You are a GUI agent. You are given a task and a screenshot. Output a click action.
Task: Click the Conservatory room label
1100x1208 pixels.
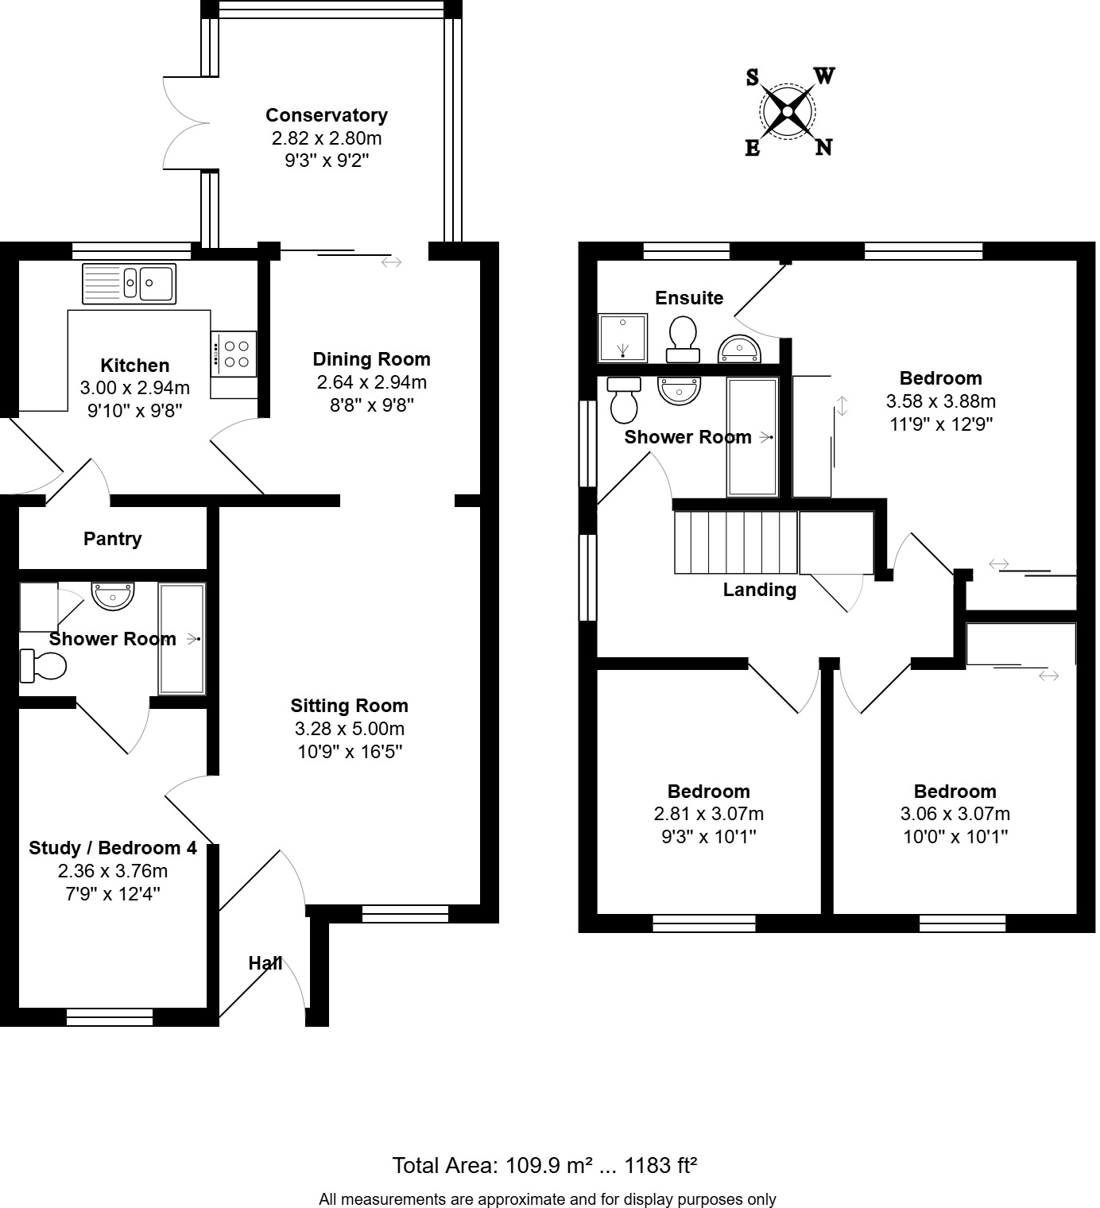click(326, 115)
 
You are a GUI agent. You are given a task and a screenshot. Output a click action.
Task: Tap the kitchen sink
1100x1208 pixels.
click(130, 283)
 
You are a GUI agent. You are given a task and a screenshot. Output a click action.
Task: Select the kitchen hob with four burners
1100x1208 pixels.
click(234, 354)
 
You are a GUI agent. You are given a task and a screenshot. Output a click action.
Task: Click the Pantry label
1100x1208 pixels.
click(112, 539)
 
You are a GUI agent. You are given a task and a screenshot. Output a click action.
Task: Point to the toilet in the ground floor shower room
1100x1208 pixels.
click(44, 665)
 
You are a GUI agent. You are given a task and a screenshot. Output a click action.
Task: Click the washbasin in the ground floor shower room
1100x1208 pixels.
click(113, 595)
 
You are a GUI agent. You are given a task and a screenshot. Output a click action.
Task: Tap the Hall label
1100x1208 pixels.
click(265, 963)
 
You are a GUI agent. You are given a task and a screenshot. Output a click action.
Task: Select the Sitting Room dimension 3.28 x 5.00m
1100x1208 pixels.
click(349, 729)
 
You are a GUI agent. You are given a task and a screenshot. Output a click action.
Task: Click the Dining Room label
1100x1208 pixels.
click(371, 359)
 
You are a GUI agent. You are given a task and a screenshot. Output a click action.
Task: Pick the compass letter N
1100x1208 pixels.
click(823, 147)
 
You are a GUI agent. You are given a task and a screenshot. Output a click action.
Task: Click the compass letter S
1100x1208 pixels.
click(752, 77)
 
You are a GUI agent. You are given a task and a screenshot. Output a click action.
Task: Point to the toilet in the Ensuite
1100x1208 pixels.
click(683, 337)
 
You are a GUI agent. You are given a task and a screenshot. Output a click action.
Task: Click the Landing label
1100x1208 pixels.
click(759, 590)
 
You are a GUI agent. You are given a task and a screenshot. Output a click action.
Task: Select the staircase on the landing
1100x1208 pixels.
click(735, 542)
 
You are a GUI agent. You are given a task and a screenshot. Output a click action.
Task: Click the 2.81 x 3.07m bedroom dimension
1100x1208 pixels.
click(708, 814)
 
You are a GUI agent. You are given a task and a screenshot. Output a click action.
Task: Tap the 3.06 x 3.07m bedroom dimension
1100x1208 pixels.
click(955, 814)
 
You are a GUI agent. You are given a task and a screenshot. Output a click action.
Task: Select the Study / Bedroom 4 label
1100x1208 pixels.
click(112, 848)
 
